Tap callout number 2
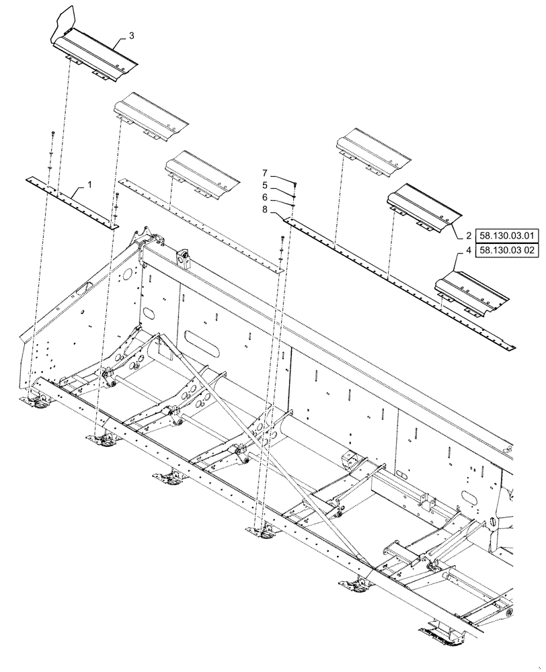tap(467, 236)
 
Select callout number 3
tap(130, 35)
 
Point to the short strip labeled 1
tap(71, 200)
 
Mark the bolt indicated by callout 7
tap(297, 183)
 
